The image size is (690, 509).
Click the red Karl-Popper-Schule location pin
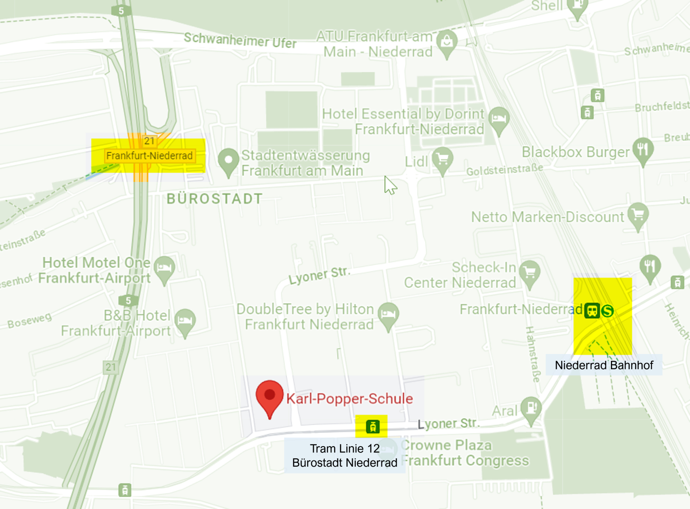click(x=270, y=396)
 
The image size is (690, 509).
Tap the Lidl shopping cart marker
click(x=442, y=159)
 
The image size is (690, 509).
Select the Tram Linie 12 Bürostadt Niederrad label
click(x=345, y=456)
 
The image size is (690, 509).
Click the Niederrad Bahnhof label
click(x=604, y=365)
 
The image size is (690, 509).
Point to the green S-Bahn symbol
click(x=607, y=310)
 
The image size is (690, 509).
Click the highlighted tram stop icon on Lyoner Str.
click(x=372, y=426)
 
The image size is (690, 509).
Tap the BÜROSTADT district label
click(x=215, y=199)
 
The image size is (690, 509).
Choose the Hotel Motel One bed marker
click(x=164, y=268)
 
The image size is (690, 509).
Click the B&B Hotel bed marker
click(x=185, y=321)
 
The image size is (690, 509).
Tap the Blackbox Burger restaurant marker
click(x=643, y=150)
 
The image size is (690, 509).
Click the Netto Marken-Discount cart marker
click(x=638, y=215)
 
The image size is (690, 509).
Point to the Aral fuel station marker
click(x=531, y=408)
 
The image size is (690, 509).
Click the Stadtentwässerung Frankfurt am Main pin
click(x=228, y=160)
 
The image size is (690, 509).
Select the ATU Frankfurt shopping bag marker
click(x=447, y=42)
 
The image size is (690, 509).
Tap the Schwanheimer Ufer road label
click(x=240, y=40)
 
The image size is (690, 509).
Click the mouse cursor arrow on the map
click(x=389, y=185)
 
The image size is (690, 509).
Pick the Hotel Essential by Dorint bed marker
click(x=499, y=119)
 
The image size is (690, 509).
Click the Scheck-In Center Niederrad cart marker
click(x=530, y=273)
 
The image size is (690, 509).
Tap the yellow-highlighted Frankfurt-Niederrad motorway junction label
click(x=149, y=156)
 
